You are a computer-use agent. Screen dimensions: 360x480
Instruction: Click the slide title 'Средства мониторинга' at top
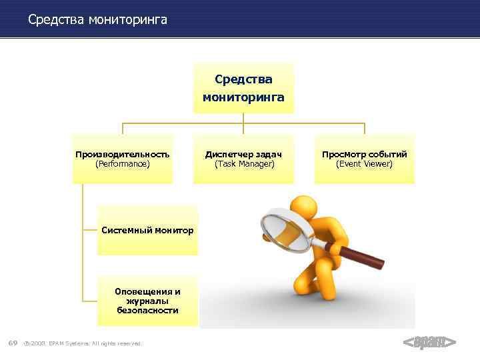pos(97,20)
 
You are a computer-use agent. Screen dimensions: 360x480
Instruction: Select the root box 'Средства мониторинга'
pos(243,88)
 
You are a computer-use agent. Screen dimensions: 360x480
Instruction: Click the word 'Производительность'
pos(122,154)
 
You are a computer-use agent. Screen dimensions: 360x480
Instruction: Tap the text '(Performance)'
pos(122,163)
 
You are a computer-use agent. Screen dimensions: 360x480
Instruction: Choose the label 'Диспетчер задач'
pos(243,154)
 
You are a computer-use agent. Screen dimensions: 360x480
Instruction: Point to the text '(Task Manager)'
pos(244,163)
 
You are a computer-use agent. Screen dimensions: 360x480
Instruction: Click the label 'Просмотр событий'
pos(364,154)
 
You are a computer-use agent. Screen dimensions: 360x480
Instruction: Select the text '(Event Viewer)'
pos(364,163)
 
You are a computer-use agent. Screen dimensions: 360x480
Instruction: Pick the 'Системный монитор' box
pos(147,231)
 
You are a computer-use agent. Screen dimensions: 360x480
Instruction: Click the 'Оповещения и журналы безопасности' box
pos(147,301)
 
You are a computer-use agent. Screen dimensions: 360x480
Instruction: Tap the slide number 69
pos(12,343)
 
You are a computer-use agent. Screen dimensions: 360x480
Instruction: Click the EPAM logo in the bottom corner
pos(429,343)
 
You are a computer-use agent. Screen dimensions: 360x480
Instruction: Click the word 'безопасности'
pos(147,311)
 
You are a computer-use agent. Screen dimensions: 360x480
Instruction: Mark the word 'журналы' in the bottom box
pos(147,301)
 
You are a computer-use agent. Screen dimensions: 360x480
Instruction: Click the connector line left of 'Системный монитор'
pos(90,230)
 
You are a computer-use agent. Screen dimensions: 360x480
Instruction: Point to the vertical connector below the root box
pos(243,119)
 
